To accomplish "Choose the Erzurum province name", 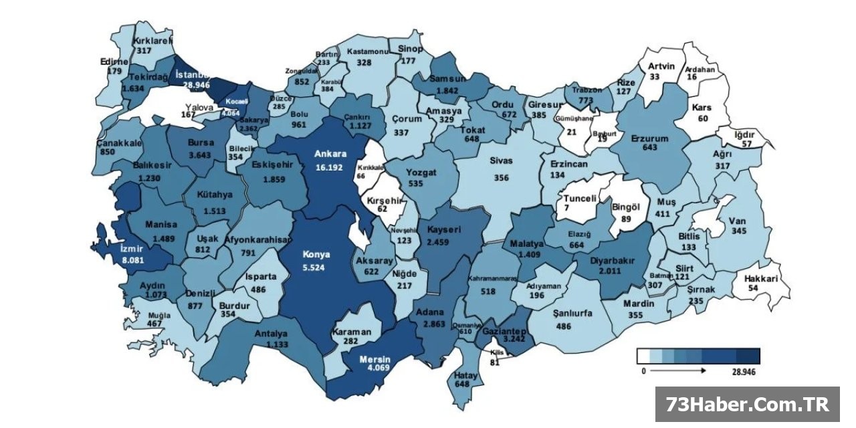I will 649,138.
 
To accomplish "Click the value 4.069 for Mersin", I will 374,367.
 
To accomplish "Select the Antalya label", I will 271,334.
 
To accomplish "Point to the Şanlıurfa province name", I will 573,312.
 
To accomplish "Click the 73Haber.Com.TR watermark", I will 746,404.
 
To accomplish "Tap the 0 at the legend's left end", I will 643,370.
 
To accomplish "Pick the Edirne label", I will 114,62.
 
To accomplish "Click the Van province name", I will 737,221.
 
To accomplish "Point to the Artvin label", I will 663,66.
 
